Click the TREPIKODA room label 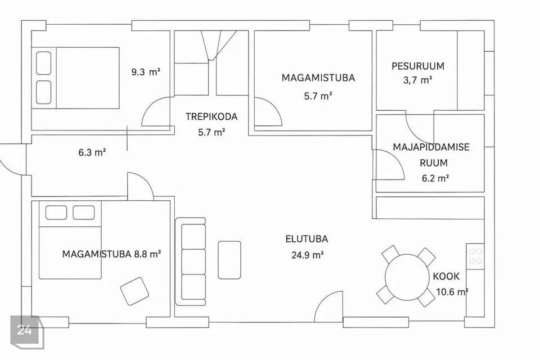click(211, 116)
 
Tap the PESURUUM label click(418, 66)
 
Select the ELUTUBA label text click(307, 238)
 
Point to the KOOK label click(446, 276)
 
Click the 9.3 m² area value click(146, 72)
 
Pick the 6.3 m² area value click(92, 152)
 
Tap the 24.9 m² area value click(307, 255)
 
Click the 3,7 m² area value click(417, 80)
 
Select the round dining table click(407, 276)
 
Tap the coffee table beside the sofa click(229, 260)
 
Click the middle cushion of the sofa click(193, 262)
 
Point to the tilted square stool click(134, 291)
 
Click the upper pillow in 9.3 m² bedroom click(44, 63)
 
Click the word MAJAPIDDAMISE click(431, 147)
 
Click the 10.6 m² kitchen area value click(452, 292)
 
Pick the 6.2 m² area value click(435, 178)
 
